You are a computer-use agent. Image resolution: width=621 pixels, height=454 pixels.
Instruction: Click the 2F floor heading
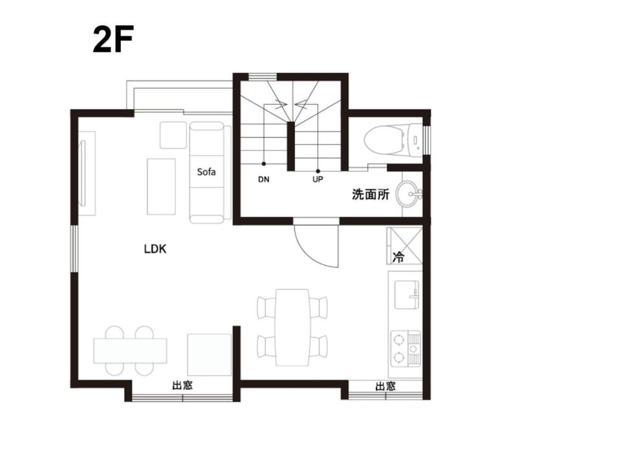coord(113,39)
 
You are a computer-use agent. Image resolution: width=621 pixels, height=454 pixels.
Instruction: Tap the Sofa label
coord(206,172)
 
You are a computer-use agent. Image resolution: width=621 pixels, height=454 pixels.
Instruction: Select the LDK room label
coord(155,249)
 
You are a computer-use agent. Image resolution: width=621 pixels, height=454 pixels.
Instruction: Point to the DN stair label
coord(264,179)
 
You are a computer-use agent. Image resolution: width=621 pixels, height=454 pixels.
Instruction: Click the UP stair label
coord(318,179)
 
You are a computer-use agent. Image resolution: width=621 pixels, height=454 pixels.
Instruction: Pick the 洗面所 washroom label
coord(371,195)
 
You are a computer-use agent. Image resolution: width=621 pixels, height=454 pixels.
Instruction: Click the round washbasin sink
coord(408,194)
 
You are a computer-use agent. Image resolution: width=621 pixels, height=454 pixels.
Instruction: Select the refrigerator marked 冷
coord(404,246)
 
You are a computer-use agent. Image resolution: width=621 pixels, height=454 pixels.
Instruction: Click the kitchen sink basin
coord(407,294)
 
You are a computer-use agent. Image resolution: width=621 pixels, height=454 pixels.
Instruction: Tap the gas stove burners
coord(406,348)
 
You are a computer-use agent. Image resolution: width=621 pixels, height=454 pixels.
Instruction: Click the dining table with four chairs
coord(292,328)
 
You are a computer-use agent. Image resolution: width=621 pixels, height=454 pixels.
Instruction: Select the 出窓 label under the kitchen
coord(386,386)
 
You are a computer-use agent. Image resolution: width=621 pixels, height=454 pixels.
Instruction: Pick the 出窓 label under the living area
coord(182,385)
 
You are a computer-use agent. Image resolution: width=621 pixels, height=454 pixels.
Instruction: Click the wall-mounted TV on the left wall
coord(83,174)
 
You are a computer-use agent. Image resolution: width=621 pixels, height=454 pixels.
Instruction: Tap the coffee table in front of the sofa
coord(161,187)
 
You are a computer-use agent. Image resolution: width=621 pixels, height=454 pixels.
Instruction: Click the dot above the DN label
coord(264,164)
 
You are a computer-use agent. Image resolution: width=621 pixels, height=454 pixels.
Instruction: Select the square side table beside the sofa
coord(173,135)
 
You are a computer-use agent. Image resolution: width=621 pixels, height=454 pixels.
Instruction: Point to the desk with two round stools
coord(130,351)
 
